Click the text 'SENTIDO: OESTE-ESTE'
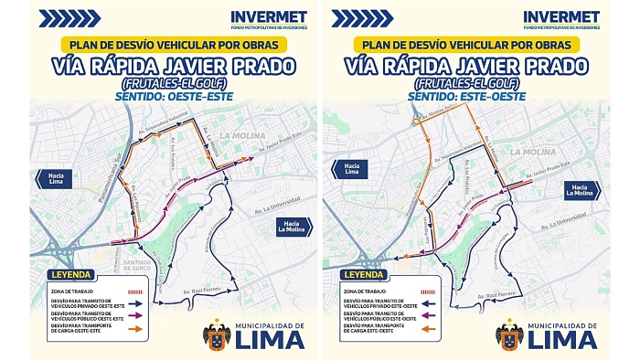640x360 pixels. (x=165, y=93)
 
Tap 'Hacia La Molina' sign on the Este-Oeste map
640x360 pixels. (x=581, y=189)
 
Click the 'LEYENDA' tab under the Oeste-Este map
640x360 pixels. (x=70, y=273)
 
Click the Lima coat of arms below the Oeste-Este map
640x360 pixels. (x=216, y=334)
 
